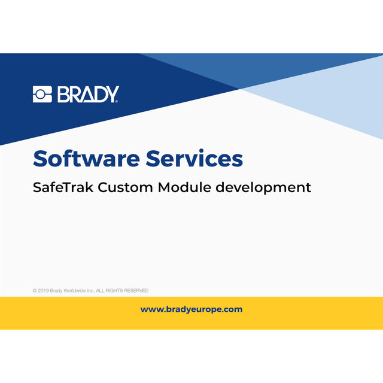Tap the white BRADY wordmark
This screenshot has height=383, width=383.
click(x=88, y=95)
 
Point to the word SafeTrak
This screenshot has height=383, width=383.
click(x=63, y=187)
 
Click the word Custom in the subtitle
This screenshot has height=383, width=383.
click(x=126, y=187)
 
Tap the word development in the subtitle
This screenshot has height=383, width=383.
click(x=263, y=188)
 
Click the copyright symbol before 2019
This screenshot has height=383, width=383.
click(x=35, y=291)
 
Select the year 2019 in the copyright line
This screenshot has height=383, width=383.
click(x=44, y=291)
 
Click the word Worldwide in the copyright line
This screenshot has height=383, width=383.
click(x=75, y=291)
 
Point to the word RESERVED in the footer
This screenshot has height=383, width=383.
click(x=135, y=291)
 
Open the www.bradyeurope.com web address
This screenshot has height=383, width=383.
click(x=191, y=309)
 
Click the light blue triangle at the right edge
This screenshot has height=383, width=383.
click(x=353, y=102)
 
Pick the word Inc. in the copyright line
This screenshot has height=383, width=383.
click(x=92, y=291)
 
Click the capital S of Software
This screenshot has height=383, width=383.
click(x=40, y=159)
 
